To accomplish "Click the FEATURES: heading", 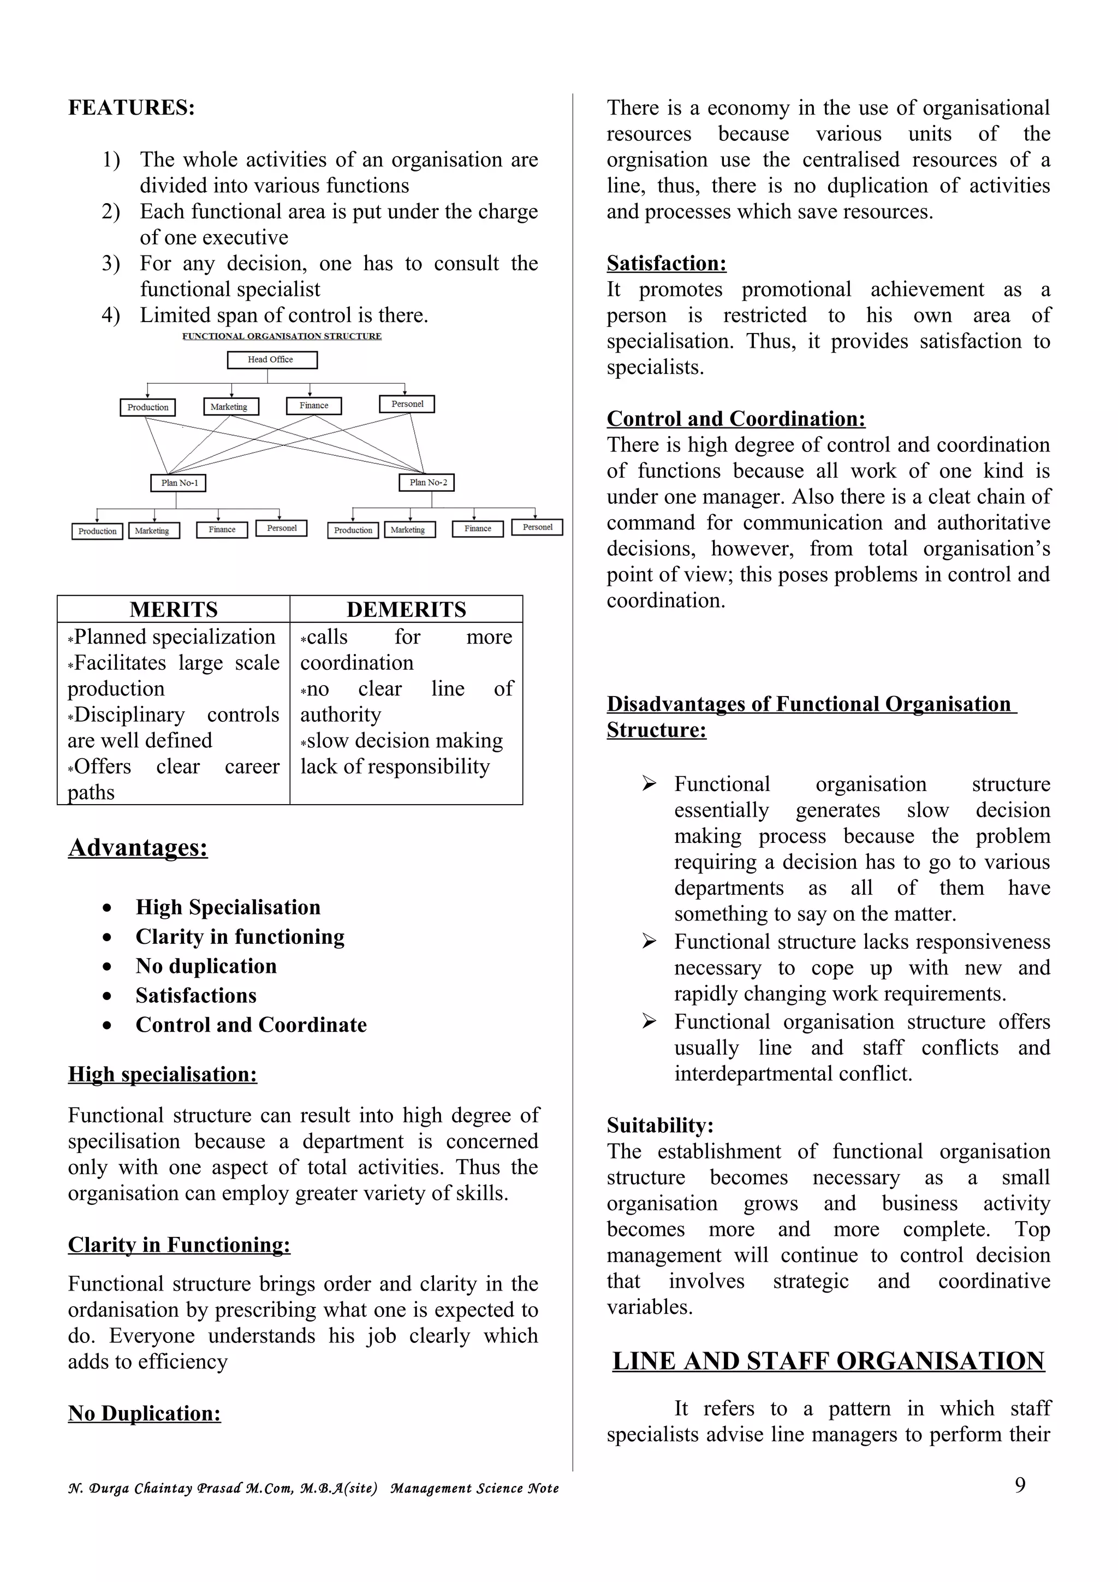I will (x=131, y=108).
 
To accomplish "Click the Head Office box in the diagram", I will (x=271, y=360).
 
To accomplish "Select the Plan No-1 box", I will (x=179, y=483).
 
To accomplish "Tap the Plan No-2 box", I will (x=427, y=483).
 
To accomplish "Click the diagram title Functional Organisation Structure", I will (x=281, y=336).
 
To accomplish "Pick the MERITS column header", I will (x=174, y=610).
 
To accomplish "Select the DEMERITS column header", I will (x=406, y=610).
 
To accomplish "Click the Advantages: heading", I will (x=138, y=847).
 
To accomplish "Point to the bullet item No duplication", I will (x=206, y=966).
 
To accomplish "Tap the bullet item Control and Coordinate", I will (x=251, y=1025).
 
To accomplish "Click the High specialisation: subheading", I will (x=163, y=1074).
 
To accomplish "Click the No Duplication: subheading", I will (x=145, y=1413).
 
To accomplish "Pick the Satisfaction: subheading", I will (x=666, y=263).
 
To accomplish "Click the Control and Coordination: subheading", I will (x=736, y=419).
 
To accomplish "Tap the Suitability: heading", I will (x=660, y=1125).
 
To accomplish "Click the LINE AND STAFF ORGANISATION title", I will (x=828, y=1361).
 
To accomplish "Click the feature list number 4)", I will (x=111, y=316).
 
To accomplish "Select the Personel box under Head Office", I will (x=407, y=405).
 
